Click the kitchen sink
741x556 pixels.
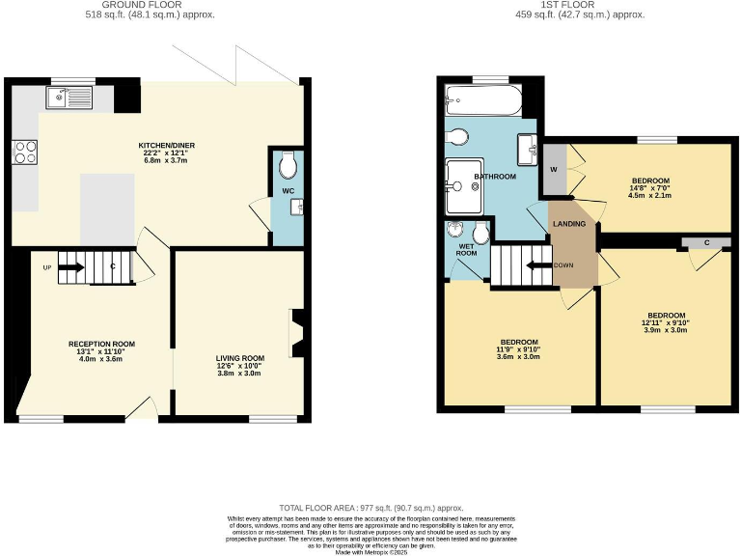tap(68, 97)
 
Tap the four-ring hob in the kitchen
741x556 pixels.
tap(24, 152)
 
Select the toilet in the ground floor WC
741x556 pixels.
tap(287, 168)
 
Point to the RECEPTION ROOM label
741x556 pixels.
tap(101, 344)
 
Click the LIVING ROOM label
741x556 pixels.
tap(239, 358)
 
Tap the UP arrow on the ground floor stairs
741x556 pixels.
tap(71, 267)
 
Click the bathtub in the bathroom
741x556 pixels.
tap(483, 100)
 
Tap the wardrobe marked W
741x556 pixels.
tap(554, 171)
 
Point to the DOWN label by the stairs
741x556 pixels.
tap(565, 265)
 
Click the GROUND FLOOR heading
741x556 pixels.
tap(157, 5)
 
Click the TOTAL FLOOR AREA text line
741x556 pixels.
tap(371, 507)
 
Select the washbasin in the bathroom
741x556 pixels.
tap(527, 149)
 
